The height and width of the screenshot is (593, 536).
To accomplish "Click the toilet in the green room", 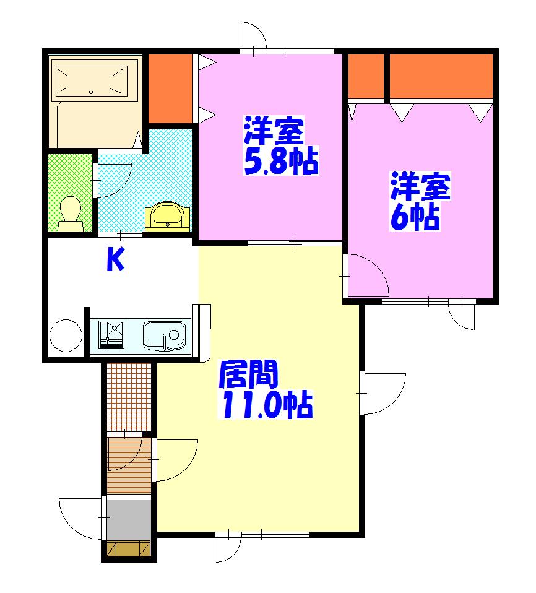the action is point(71,214).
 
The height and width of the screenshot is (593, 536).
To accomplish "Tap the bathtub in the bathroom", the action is point(91,81).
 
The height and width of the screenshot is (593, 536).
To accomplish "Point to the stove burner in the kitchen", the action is point(111,335).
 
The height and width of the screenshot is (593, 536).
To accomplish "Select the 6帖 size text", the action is point(415,217).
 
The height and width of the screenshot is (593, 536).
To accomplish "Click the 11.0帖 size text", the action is point(266,404).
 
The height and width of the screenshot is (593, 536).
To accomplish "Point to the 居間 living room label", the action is point(248,374).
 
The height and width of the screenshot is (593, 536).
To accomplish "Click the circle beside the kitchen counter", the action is point(66,336).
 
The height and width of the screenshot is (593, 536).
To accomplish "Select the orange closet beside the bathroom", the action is point(170,89).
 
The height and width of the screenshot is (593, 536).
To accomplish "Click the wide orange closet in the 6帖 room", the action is point(441,76).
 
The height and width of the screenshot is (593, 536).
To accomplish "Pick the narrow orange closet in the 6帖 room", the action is point(366,76).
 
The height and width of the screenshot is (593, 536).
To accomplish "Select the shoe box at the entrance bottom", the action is point(129,549).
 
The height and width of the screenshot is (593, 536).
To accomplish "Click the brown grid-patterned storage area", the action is point(129,397).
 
